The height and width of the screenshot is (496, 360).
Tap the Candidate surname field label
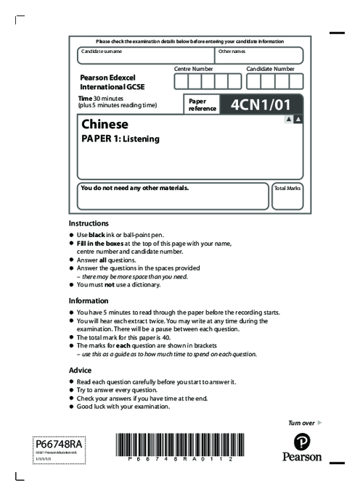pyautogui.click(x=102, y=51)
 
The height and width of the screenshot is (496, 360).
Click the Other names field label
pyautogui.click(x=232, y=51)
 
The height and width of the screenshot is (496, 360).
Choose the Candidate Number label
pyautogui.click(x=270, y=68)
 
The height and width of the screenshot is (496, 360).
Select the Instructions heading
pyautogui.click(x=89, y=223)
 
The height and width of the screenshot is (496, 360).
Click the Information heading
pyautogui.click(x=89, y=300)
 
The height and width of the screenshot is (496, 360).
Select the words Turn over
pyautogui.click(x=301, y=422)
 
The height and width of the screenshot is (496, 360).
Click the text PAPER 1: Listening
pyautogui.click(x=120, y=139)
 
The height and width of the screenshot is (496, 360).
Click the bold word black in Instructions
pyautogui.click(x=97, y=236)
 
